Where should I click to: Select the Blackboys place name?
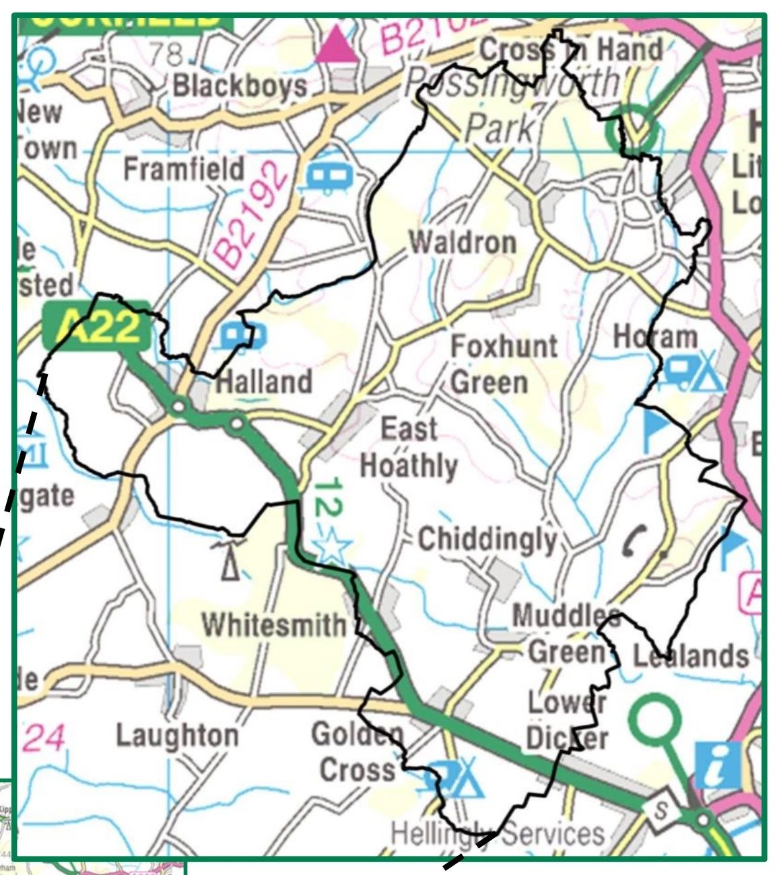[240, 85]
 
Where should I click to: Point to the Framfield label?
[183, 168]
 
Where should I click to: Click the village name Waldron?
[463, 242]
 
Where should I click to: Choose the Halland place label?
[264, 382]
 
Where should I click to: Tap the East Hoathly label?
[409, 448]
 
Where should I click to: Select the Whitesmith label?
[273, 625]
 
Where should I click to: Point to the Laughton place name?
[177, 735]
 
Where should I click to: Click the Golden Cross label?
[358, 752]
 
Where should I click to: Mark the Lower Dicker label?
[567, 721]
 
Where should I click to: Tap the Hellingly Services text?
[498, 835]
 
